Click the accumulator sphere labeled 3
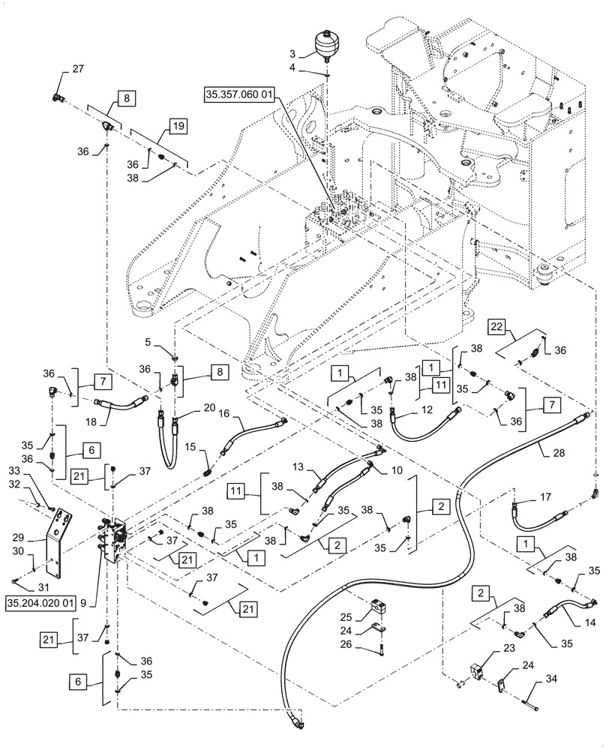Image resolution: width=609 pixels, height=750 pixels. coord(328,43)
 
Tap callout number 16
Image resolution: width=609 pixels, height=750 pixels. coord(223,413)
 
